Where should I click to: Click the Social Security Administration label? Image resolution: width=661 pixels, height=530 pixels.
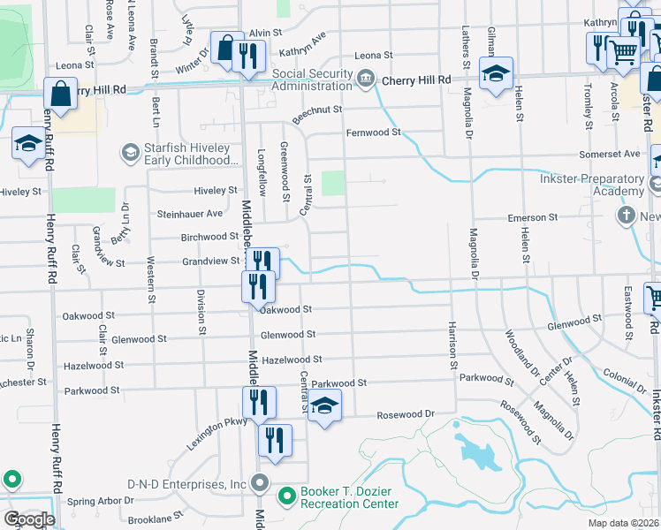(x=300, y=79)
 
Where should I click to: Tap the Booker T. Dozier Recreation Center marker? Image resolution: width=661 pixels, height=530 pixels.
(x=286, y=497)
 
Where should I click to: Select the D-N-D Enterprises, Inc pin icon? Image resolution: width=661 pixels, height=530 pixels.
(x=260, y=483)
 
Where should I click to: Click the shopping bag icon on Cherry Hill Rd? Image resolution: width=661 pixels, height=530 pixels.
(x=59, y=94)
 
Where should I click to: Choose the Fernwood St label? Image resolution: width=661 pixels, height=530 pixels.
(x=373, y=132)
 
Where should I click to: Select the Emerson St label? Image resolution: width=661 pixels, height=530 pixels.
(x=532, y=217)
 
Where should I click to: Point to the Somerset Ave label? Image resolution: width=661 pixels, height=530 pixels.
(x=609, y=154)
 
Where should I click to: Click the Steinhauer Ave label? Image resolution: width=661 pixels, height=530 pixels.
(x=189, y=214)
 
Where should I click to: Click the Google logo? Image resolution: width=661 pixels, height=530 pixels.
(x=28, y=519)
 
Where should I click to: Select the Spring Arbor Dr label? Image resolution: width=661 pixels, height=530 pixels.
(x=101, y=501)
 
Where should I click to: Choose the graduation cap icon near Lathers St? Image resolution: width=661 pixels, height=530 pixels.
(x=496, y=74)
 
